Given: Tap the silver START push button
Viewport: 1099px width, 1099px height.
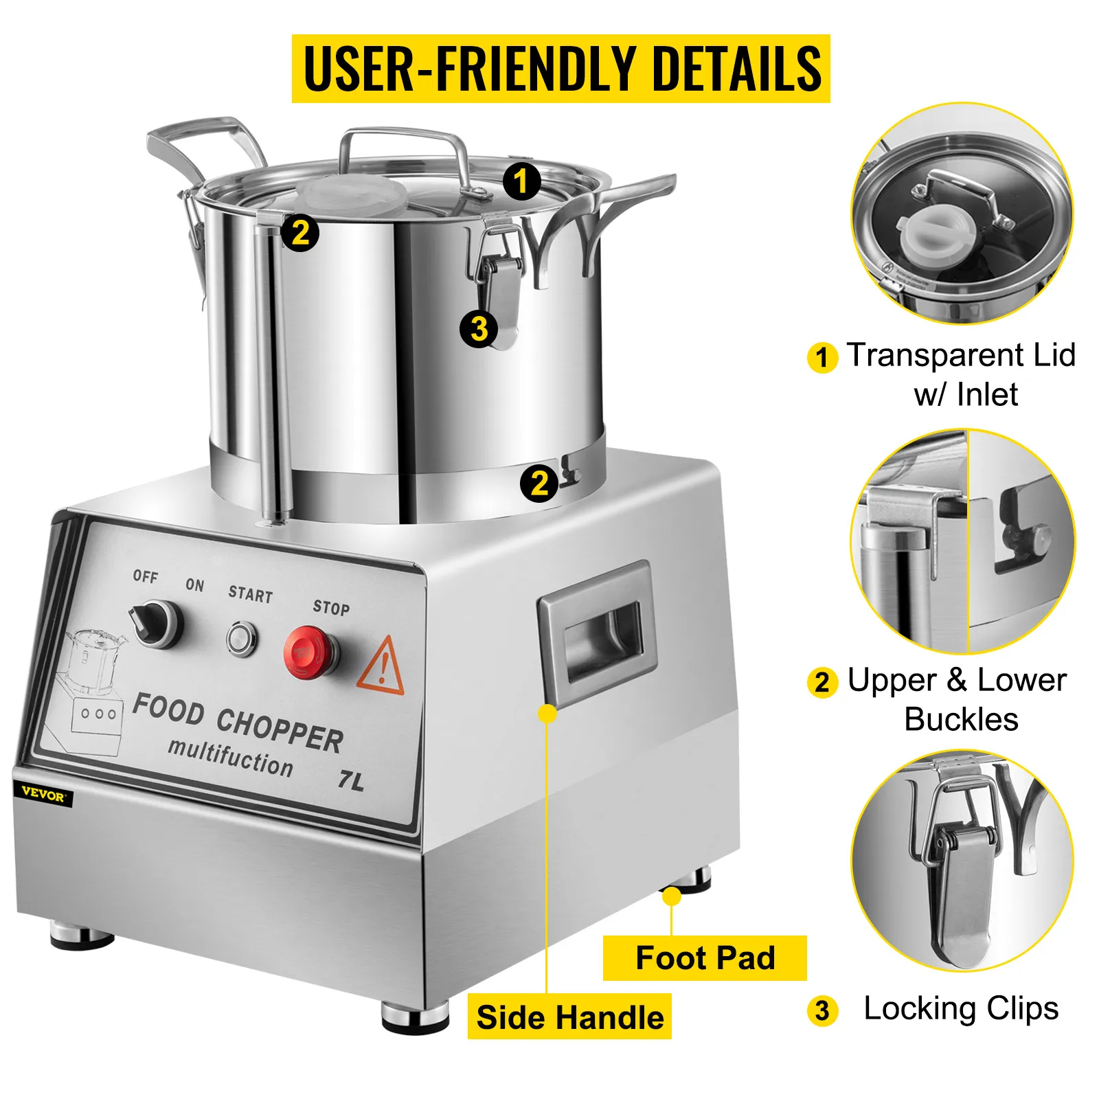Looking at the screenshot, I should [242, 639].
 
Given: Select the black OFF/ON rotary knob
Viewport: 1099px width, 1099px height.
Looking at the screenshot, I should [157, 623].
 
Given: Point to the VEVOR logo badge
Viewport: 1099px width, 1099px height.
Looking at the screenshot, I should [43, 793].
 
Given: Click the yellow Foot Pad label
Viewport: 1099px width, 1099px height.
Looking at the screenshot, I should [705, 958].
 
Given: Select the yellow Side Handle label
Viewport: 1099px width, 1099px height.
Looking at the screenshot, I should [569, 1017].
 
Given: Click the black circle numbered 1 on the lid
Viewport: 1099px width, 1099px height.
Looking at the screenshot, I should [521, 181].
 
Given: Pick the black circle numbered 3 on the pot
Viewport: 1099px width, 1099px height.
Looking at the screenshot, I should [479, 328].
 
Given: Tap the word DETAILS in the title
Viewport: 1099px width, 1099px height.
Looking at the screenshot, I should [736, 69].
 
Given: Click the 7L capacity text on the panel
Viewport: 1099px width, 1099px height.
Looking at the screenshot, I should [351, 780].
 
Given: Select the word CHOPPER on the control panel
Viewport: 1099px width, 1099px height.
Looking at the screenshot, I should [280, 730].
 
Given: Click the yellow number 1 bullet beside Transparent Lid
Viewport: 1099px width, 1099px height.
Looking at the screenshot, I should [822, 358].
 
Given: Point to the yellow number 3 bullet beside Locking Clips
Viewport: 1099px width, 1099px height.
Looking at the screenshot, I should [822, 1011].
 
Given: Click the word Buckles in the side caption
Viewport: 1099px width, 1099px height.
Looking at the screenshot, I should [960, 720].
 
